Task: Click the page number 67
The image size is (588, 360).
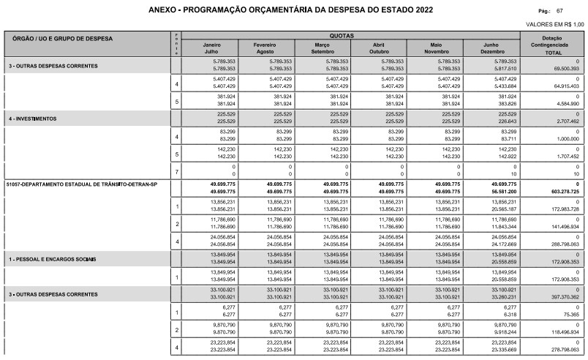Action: click(559, 11)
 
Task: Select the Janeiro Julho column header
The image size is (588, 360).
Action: click(211, 48)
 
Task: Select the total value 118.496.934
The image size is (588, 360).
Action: click(563, 332)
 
